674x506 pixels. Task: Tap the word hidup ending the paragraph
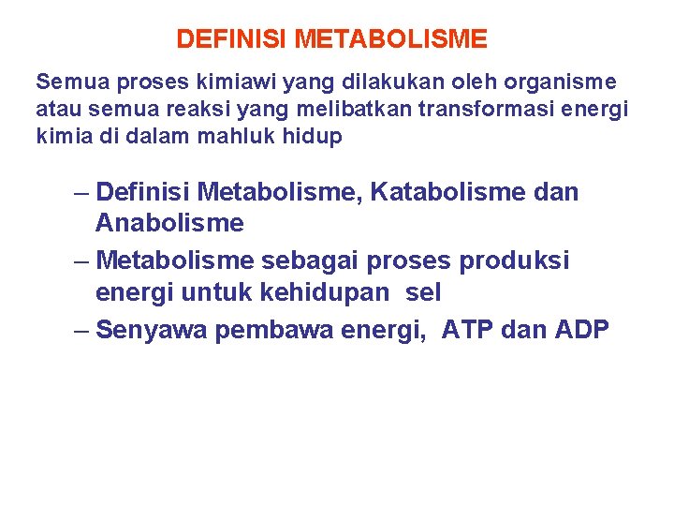tap(316, 137)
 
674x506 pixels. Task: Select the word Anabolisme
tap(169, 223)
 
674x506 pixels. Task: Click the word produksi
tap(514, 260)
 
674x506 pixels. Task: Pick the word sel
tap(423, 292)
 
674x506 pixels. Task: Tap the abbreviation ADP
tap(580, 330)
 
